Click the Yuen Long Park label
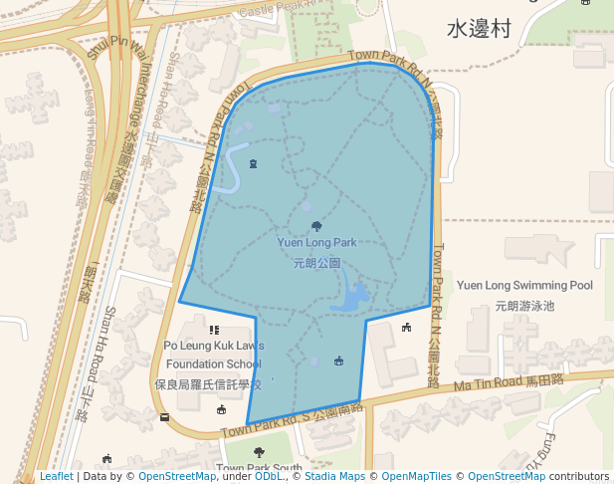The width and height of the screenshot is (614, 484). [316, 242]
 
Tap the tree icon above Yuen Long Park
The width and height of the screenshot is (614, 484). [316, 226]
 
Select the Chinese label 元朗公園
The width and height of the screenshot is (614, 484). [316, 264]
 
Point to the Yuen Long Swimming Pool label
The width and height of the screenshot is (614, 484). [524, 286]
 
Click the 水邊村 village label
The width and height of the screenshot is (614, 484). [479, 29]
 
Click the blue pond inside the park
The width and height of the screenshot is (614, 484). [354, 296]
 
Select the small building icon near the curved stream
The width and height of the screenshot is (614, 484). [253, 163]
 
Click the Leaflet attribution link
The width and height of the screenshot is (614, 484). [56, 477]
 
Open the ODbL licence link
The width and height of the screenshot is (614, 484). [269, 477]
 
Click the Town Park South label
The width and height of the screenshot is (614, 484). [259, 468]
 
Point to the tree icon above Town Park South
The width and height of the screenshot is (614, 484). [259, 453]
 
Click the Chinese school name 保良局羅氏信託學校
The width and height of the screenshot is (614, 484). [208, 383]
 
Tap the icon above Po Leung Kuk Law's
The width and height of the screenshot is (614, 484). [213, 330]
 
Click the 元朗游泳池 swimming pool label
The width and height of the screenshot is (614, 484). [523, 306]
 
